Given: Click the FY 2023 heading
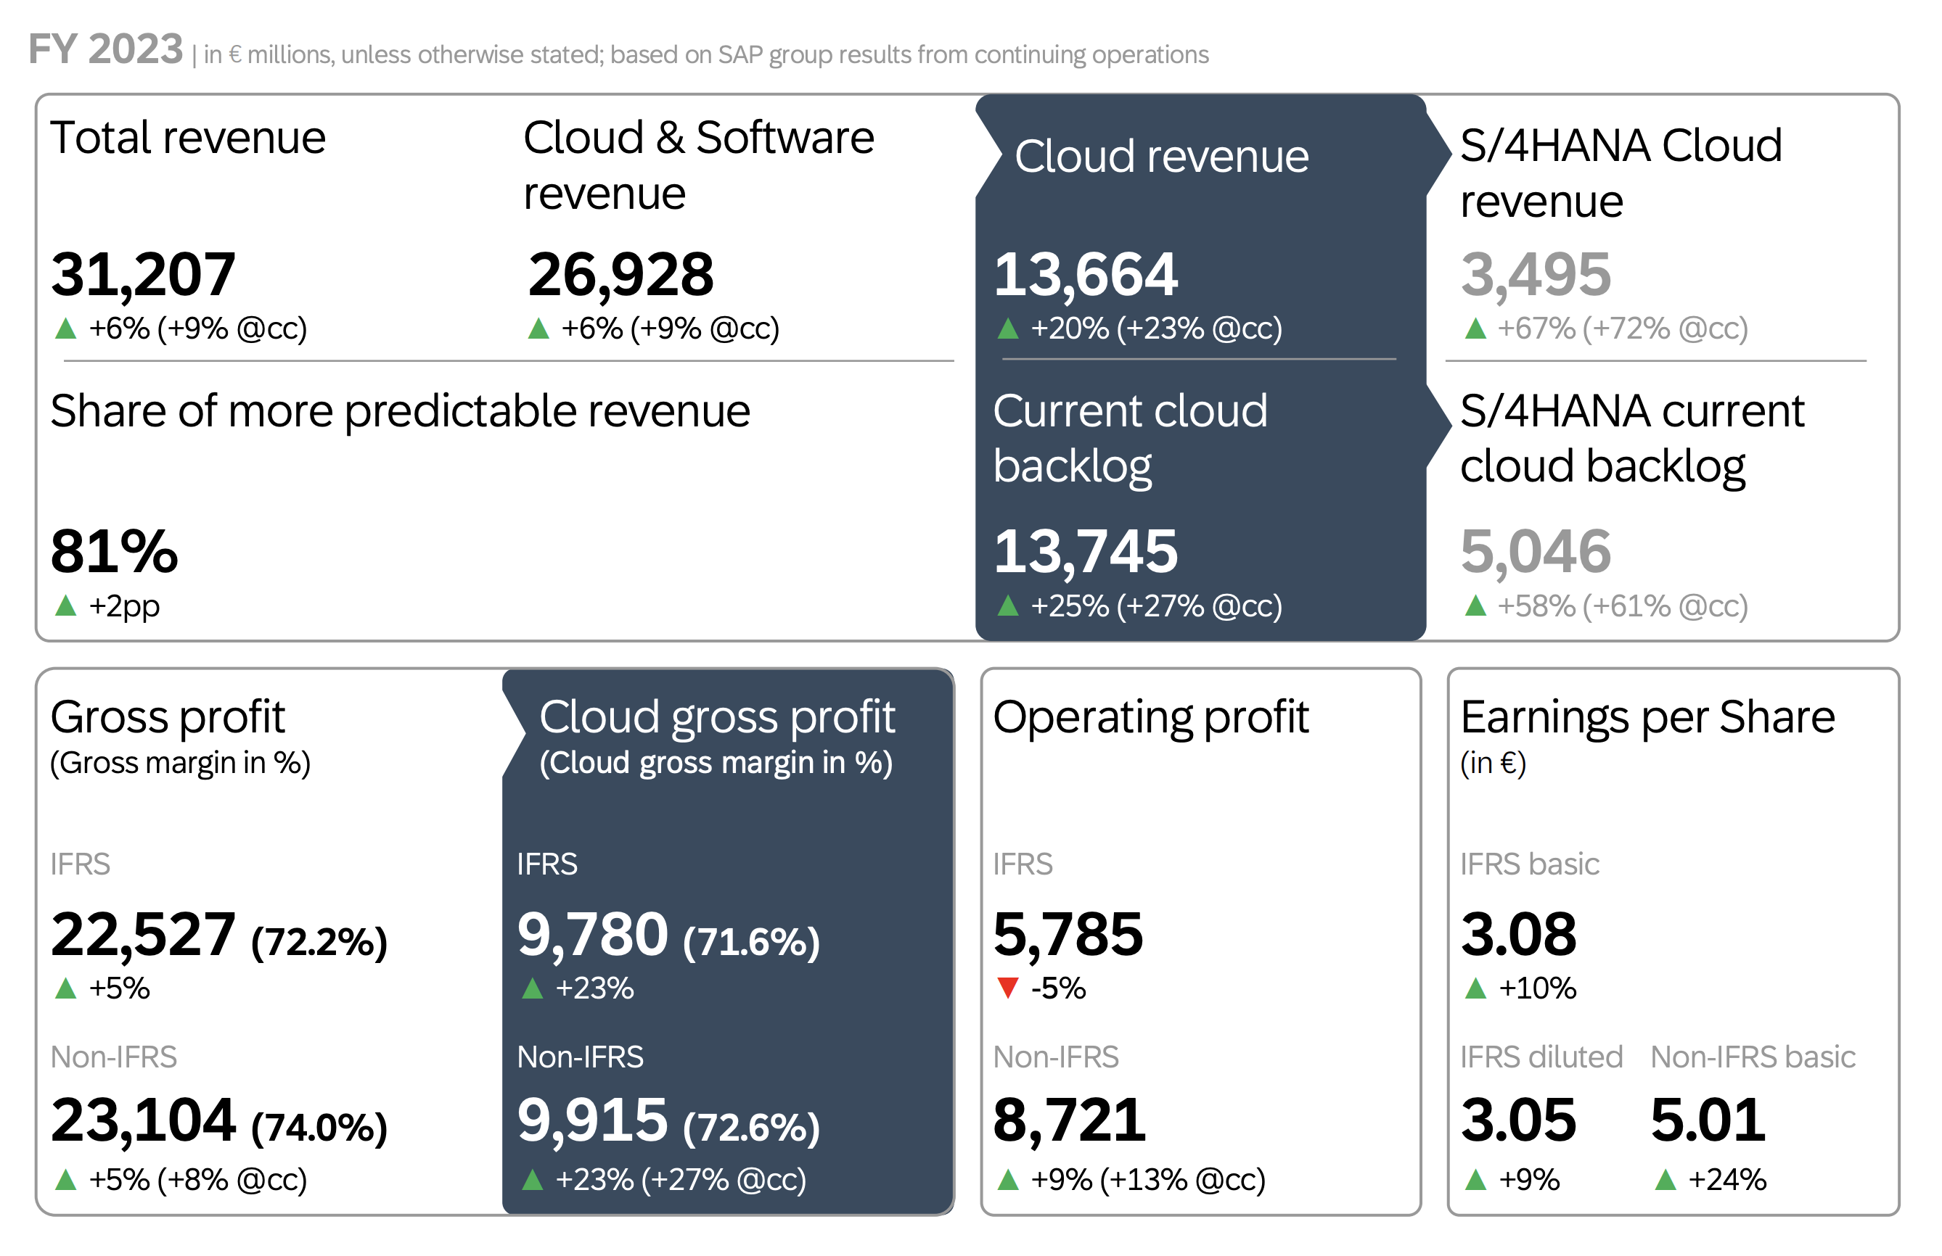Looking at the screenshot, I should click(105, 51).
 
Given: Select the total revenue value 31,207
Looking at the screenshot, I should click(143, 275).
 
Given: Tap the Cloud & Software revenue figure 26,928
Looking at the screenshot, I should click(620, 275).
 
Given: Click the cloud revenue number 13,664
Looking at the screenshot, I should click(1084, 275).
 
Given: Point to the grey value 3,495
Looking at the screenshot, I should click(1535, 275).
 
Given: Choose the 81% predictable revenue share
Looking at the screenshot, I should click(113, 552).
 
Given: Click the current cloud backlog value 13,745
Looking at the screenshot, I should click(1084, 552).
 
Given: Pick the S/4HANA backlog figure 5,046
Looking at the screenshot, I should click(1535, 552).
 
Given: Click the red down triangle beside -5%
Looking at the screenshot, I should click(1008, 988).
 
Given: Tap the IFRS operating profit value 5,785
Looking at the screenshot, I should click(1068, 935).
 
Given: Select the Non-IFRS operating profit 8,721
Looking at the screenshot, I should click(1069, 1120).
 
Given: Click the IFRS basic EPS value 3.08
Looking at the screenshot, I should click(1517, 935).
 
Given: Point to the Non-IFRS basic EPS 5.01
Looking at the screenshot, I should click(1707, 1120).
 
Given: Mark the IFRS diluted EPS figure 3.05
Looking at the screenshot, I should click(1517, 1120).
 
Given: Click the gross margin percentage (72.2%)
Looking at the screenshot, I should click(319, 942).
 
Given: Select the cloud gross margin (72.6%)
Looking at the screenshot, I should click(750, 1128).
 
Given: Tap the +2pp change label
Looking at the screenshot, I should click(124, 606).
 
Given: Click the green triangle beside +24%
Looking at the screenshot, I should click(1666, 1179).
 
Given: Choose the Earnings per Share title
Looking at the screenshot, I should click(1647, 718).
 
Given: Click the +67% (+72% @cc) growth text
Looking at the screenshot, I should click(1622, 329).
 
